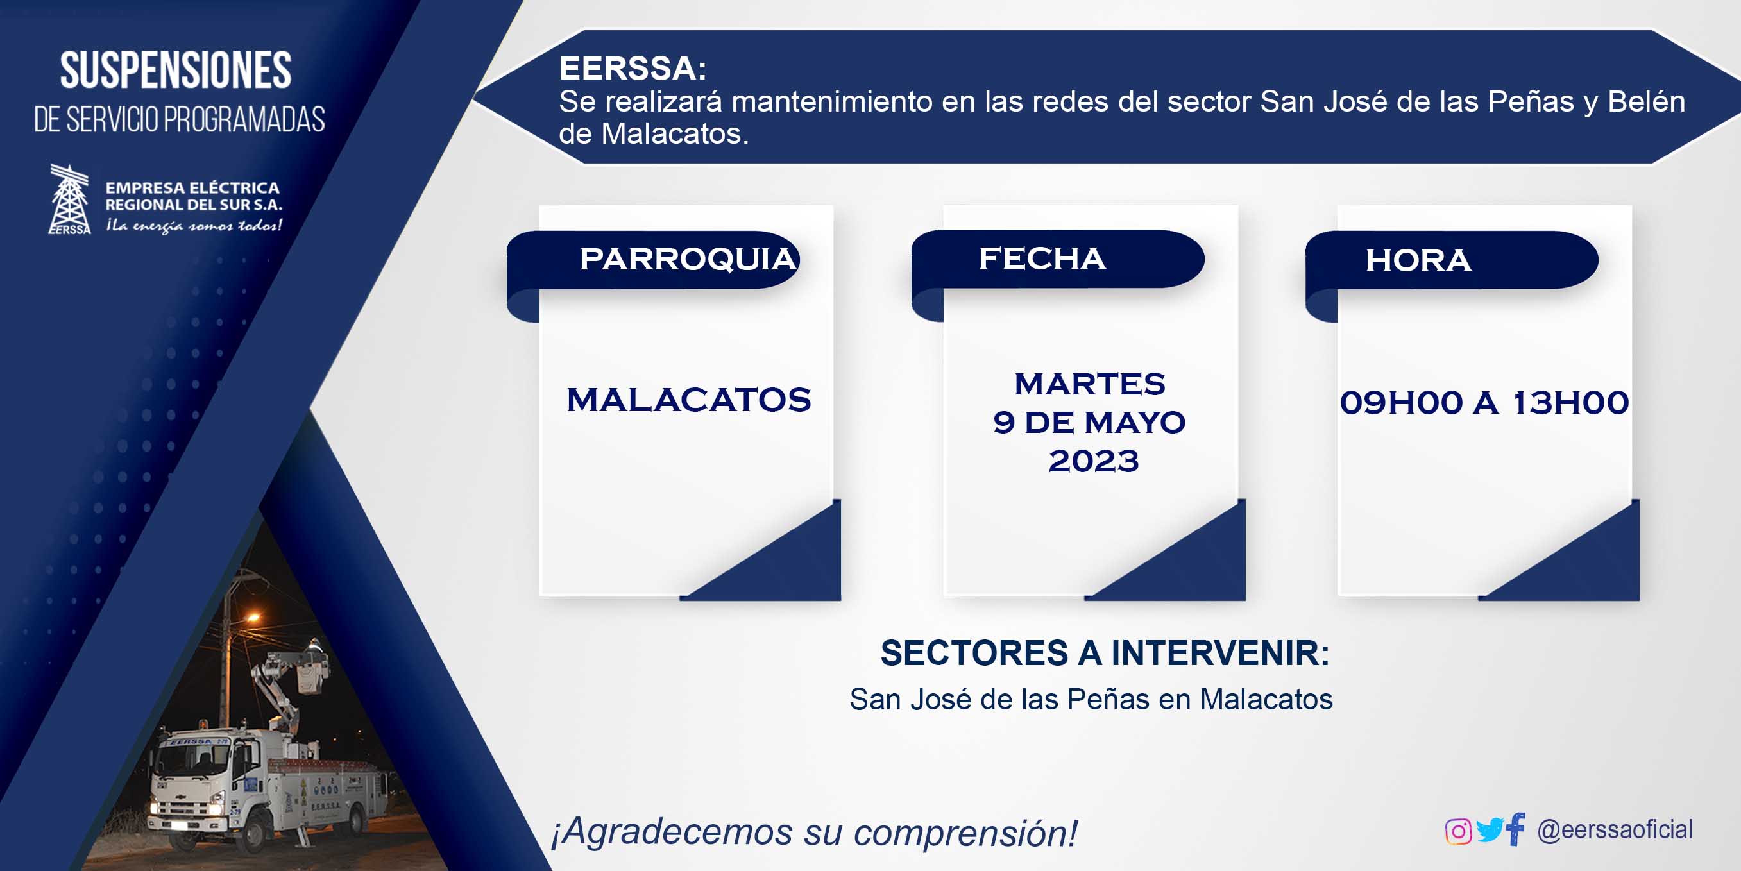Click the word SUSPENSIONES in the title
[x=176, y=70]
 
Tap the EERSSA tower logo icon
[x=70, y=199]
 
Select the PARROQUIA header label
[x=689, y=260]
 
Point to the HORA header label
[x=1418, y=261]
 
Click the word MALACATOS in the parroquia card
[x=689, y=400]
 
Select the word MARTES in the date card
[x=1089, y=384]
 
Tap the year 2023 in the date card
[x=1094, y=462]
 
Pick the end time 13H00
[x=1570, y=403]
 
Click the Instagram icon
[x=1458, y=831]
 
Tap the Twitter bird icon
[x=1490, y=830]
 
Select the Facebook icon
[x=1516, y=829]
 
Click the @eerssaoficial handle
[x=1615, y=830]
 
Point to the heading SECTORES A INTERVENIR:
[x=1105, y=654]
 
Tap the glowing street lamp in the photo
[x=251, y=617]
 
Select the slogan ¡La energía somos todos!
[x=194, y=226]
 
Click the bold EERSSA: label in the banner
[x=633, y=68]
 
